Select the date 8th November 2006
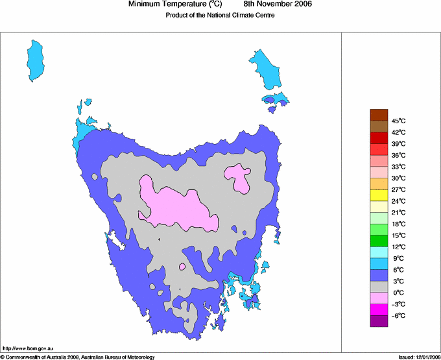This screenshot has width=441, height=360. (282, 5)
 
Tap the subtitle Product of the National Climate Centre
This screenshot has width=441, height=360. (220, 16)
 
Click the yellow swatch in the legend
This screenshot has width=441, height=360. (379, 195)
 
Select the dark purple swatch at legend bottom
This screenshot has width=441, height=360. (379, 320)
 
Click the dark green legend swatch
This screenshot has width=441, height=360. (379, 241)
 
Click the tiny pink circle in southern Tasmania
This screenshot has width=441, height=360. (182, 267)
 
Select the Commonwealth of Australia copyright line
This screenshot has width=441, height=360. (78, 357)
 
